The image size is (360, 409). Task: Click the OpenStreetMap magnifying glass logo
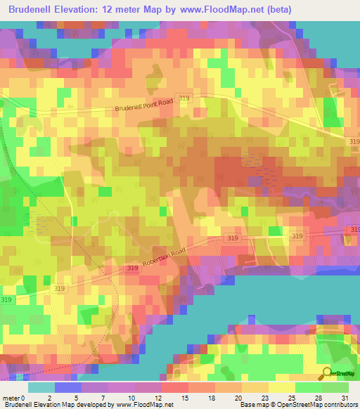[326, 373]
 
